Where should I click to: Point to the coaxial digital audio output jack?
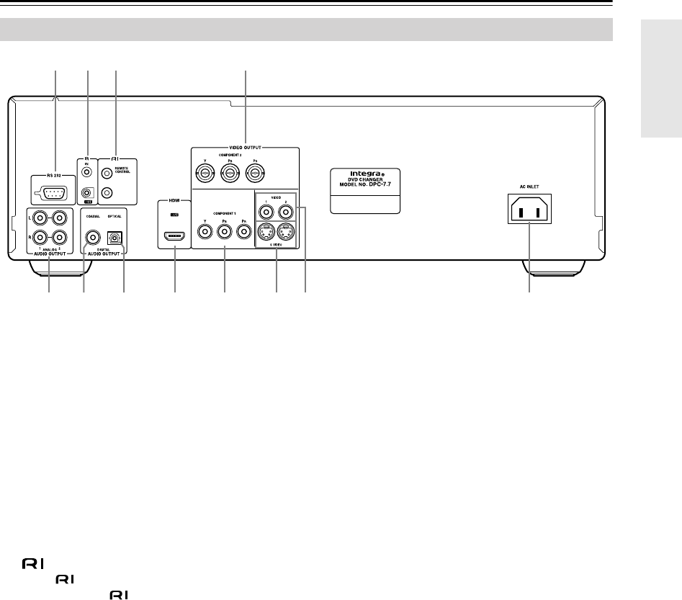(93, 236)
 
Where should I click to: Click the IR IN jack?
(86, 173)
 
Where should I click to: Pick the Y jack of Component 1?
(207, 232)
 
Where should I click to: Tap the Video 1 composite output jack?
(267, 212)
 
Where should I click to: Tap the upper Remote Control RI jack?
(108, 173)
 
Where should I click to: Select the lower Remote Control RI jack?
(108, 192)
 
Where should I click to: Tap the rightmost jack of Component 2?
(253, 173)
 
